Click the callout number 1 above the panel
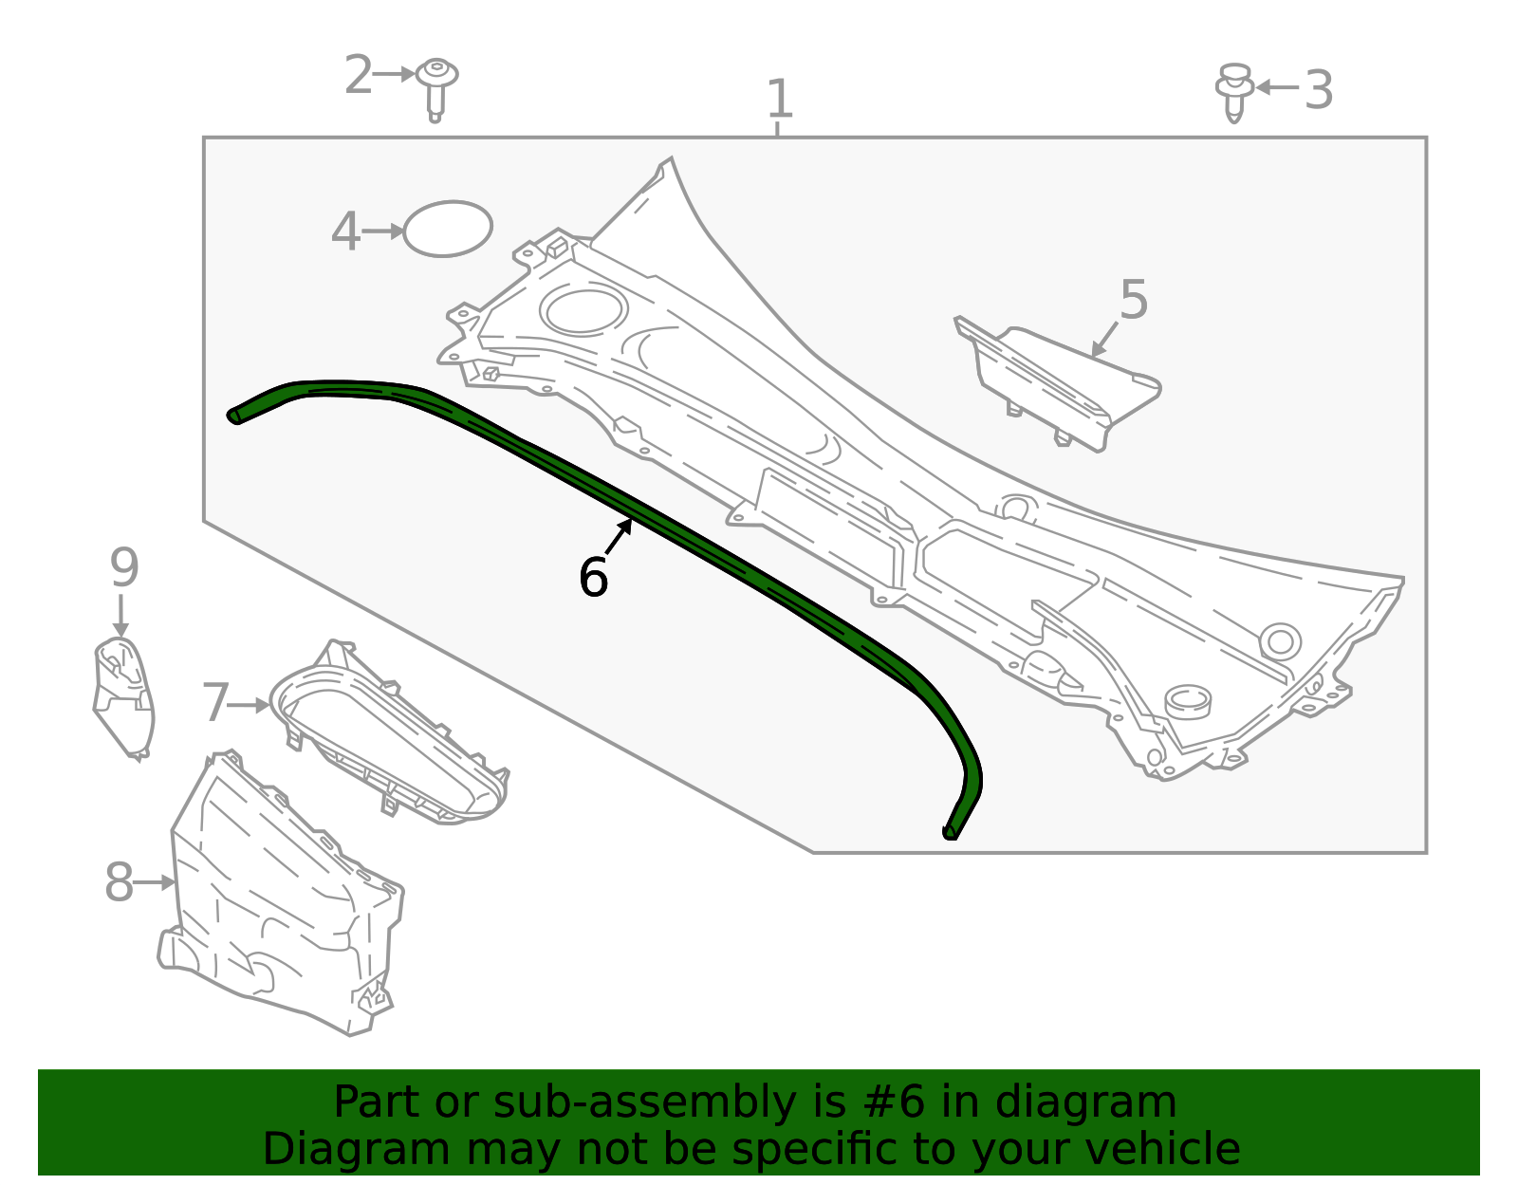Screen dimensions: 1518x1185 780,99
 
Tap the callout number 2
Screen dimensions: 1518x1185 359,75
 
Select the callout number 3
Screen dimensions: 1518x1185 1318,89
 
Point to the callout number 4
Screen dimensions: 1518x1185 345,231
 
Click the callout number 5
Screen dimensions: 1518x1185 1133,300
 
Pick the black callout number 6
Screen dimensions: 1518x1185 593,577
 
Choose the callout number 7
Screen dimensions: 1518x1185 215,702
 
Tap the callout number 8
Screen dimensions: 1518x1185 119,882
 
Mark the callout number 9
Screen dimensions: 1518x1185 124,566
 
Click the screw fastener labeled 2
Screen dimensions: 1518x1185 436,89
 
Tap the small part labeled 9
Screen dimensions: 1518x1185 123,696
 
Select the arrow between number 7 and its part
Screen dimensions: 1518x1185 248,705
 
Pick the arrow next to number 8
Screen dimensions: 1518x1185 154,882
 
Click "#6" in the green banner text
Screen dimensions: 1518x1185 894,1102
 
